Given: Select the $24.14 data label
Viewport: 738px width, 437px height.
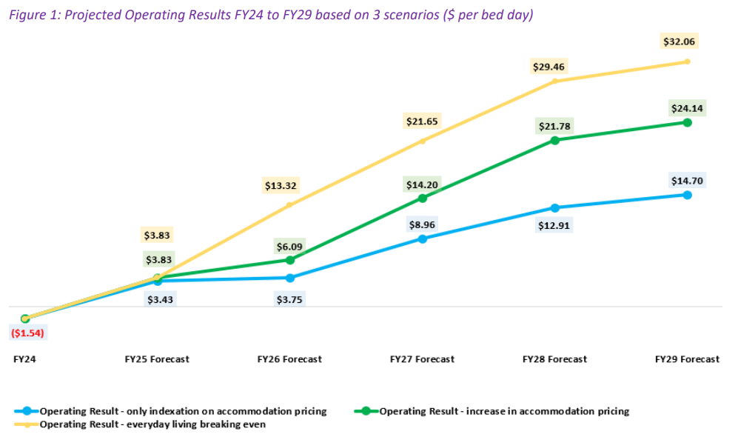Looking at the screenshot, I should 687,108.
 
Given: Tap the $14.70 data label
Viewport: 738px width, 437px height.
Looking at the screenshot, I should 687,180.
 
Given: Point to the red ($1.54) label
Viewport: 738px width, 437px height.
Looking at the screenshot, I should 27,333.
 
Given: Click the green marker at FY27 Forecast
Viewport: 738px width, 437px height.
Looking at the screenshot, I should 423,199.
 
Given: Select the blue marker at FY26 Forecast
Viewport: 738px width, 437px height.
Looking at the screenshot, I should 290,278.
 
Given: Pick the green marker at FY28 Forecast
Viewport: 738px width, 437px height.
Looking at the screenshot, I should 555,140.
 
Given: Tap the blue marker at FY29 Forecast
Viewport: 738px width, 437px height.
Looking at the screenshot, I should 688,195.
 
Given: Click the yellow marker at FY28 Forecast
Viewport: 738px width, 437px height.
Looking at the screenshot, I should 555,81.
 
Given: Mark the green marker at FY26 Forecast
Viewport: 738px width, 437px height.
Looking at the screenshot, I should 290,260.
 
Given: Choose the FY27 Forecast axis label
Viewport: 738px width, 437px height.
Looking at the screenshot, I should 422,359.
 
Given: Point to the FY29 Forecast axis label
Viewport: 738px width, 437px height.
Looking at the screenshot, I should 687,359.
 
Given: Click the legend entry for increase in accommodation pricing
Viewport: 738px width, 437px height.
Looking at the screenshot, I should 503,411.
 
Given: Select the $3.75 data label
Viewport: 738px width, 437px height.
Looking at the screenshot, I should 289,299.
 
